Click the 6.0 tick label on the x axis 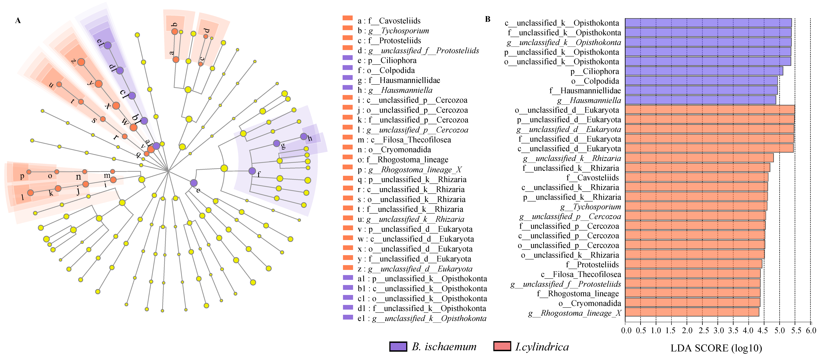pos(811,330)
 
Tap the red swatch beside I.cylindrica pos(502,347)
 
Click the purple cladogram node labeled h pos(303,136)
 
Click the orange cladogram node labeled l pos(30,193)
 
